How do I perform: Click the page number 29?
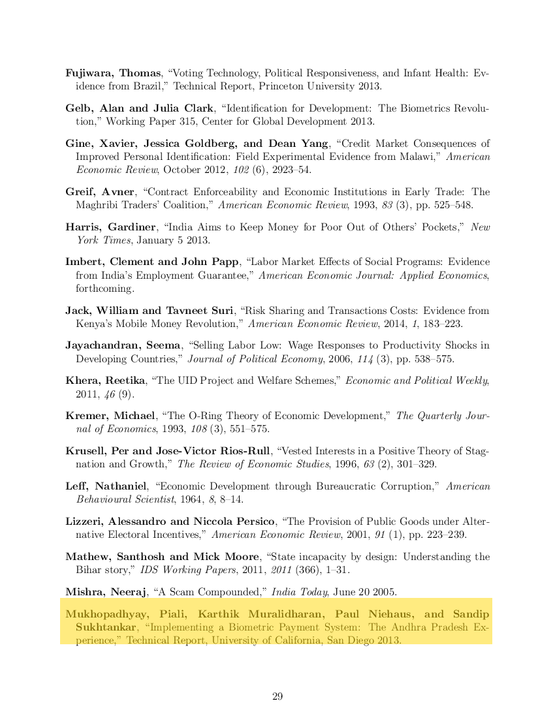pyautogui.click(x=277, y=696)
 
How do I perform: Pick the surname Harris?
pyautogui.click(x=83, y=227)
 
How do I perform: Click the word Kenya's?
pyautogui.click(x=94, y=324)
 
